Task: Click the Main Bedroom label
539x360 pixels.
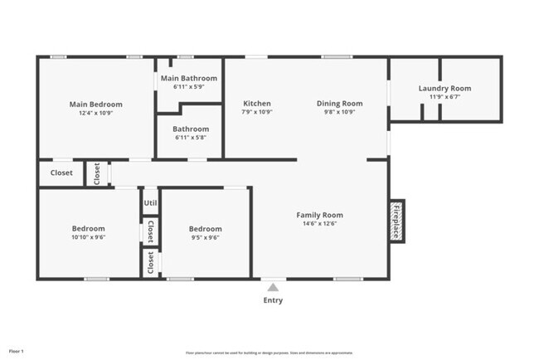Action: [x=95, y=105]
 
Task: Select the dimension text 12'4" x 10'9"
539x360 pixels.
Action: [x=95, y=113]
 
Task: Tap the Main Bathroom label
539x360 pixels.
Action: [x=189, y=79]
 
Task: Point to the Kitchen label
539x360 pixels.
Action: [x=256, y=104]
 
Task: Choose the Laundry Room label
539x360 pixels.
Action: [x=444, y=88]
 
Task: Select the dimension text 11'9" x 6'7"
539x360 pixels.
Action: [x=444, y=96]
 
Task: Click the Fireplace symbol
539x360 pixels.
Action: [x=396, y=221]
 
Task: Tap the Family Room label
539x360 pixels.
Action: [x=319, y=215]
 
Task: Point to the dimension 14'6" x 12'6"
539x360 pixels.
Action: [x=319, y=224]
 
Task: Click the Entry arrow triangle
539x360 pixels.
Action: [x=273, y=288]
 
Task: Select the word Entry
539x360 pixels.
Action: [x=273, y=300]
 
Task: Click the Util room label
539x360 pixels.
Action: [x=150, y=202]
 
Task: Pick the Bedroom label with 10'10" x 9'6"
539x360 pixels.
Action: [x=88, y=229]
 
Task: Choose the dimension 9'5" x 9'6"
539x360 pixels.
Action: [x=205, y=237]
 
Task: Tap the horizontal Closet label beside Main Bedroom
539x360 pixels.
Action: [x=61, y=173]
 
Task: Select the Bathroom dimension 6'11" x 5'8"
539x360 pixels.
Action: [x=190, y=137]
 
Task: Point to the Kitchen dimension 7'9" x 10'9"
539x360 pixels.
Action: [x=256, y=112]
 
